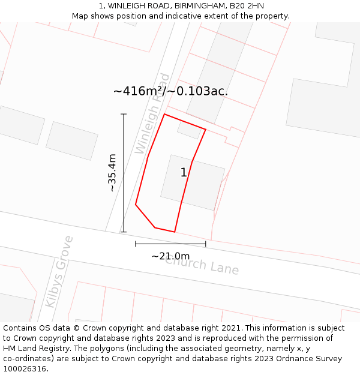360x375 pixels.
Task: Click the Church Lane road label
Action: [202, 264]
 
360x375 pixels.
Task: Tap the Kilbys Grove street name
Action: [59, 271]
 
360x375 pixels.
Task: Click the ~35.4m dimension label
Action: [112, 173]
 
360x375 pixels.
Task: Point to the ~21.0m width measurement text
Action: [170, 256]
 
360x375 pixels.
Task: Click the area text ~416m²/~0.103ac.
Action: [170, 91]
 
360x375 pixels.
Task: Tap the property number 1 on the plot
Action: [184, 173]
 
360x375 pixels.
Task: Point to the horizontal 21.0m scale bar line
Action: [170, 244]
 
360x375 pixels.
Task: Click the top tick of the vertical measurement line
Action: [124, 114]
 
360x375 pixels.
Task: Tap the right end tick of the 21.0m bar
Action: [206, 244]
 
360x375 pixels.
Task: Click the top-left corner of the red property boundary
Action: [164, 114]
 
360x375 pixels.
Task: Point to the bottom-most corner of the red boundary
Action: [175, 232]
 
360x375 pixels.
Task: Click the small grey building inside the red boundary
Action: [189, 130]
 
